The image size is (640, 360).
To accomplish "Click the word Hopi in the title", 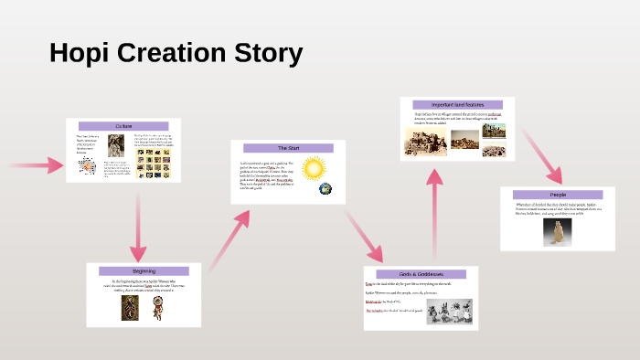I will [x=80, y=54].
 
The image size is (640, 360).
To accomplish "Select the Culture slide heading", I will [x=123, y=125].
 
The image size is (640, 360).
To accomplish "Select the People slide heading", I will [x=557, y=195].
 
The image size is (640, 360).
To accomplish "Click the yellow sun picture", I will [x=314, y=169].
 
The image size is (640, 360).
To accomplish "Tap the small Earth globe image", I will [x=325, y=189].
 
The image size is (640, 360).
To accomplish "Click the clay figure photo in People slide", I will [x=553, y=232].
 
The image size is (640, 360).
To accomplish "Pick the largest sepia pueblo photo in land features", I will [x=423, y=137].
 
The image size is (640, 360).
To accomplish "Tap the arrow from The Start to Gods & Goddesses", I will [x=363, y=236].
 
